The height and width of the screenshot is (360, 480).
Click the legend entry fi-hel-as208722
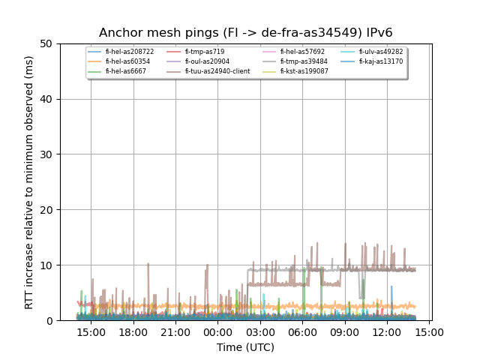[129, 52]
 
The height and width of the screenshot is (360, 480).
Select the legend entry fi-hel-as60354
[127, 61]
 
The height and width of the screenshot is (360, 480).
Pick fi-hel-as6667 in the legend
[124, 71]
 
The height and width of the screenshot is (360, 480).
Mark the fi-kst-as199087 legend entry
[304, 71]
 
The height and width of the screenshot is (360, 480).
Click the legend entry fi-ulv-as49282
[381, 52]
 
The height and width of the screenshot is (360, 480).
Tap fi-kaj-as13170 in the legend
[380, 61]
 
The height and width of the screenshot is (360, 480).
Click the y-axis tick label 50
[46, 43]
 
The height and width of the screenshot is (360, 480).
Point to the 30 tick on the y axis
[46, 154]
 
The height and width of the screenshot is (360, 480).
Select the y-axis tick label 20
[46, 210]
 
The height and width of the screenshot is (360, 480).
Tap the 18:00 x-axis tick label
[133, 332]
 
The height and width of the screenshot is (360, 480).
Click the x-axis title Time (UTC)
[245, 347]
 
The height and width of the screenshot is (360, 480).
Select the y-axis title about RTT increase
[29, 182]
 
